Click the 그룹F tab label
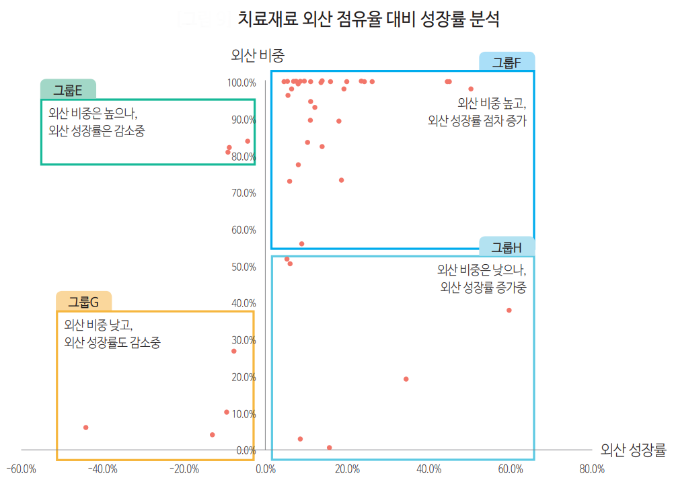(507, 63)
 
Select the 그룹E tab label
(68, 90)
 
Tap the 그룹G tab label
(83, 302)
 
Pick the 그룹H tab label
(507, 247)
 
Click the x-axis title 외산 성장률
(633, 450)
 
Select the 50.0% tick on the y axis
(244, 267)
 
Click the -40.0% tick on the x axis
(103, 469)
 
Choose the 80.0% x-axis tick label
(591, 469)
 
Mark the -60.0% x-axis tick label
(22, 469)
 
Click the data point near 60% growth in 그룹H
(509, 310)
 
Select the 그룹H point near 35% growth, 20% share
(406, 379)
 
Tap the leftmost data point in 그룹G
(85, 427)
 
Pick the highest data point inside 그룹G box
(234, 351)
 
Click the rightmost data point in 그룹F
(471, 89)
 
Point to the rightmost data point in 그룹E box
(248, 141)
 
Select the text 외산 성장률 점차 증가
(477, 121)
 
